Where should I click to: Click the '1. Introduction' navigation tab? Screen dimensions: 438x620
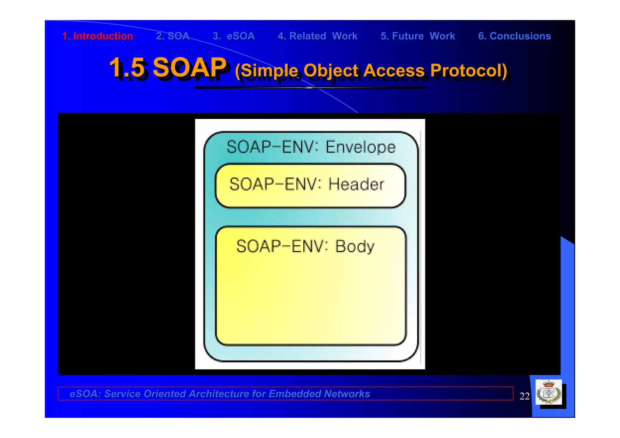[x=97, y=36]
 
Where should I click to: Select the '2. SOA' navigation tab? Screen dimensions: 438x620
[x=173, y=36]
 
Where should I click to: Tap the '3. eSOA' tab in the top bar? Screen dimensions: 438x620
[x=234, y=36]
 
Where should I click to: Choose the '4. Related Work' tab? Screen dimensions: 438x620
[x=318, y=36]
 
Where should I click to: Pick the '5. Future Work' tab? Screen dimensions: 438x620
[x=418, y=36]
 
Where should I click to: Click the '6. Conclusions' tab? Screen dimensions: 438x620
[x=514, y=36]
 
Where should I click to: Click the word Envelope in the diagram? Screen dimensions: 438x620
[x=360, y=147]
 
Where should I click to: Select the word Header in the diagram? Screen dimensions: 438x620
[x=356, y=184]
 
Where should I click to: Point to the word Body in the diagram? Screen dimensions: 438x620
[x=355, y=246]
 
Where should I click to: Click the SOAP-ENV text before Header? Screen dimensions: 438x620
[x=275, y=184]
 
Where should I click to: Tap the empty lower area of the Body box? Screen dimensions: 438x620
[x=311, y=306]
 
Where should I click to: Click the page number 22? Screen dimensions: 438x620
[x=524, y=396]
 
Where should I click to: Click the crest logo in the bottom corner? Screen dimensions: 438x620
[x=549, y=393]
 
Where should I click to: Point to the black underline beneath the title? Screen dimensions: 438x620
[x=310, y=88]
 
